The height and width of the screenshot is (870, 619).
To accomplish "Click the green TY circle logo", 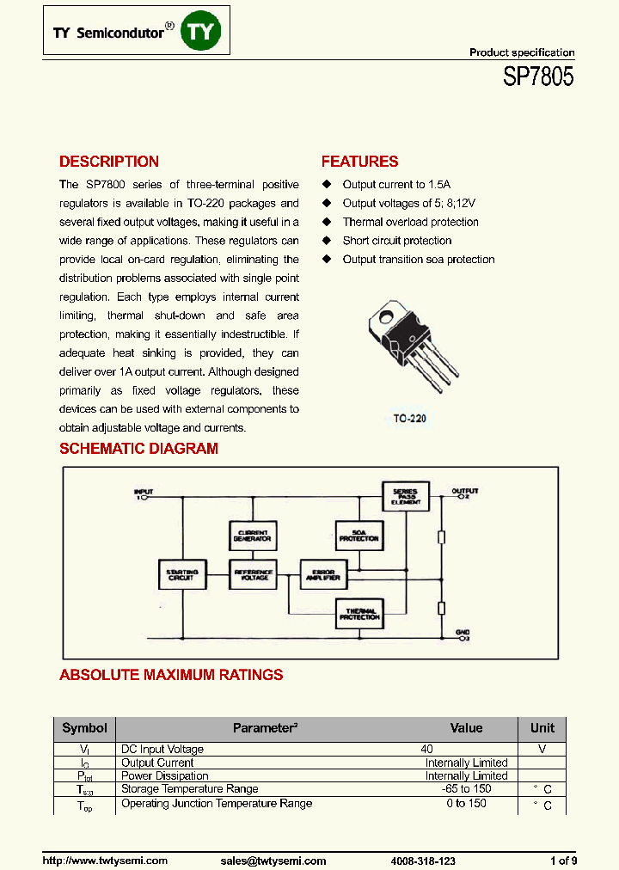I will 205,33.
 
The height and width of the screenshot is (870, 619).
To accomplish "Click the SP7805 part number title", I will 538,78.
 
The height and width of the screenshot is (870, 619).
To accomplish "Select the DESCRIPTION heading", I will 109,162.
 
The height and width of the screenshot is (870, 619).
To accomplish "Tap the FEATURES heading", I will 359,162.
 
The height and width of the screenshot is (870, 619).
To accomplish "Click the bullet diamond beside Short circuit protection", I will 327,241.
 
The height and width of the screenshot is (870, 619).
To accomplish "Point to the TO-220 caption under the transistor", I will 410,419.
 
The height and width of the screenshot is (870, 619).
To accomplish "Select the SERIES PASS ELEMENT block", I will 405,495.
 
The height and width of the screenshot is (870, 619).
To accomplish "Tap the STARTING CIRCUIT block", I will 181,574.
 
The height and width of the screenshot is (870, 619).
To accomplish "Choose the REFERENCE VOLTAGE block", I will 252,574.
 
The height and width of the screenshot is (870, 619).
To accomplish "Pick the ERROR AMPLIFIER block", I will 322,574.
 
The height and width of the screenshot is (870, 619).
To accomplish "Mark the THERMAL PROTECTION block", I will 359,614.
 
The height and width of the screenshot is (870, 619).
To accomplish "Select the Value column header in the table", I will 467,728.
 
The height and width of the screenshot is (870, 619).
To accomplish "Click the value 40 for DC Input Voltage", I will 426,750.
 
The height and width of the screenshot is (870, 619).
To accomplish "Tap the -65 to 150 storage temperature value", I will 466,789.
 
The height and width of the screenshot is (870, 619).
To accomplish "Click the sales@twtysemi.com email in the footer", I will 273,861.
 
